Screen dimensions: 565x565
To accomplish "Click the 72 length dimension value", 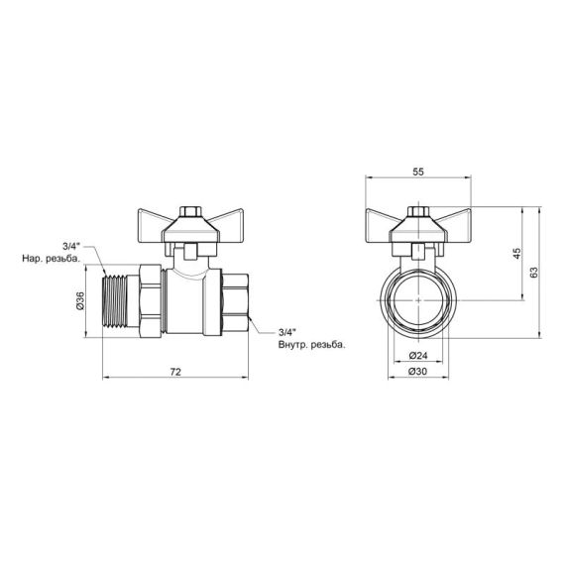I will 175,371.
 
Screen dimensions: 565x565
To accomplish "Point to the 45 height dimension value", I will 516,255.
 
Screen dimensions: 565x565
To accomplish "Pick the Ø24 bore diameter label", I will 416,355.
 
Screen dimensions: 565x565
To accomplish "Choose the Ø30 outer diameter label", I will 416,372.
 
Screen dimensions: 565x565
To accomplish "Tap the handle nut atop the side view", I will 188,213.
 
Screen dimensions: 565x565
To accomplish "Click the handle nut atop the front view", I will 417,213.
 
